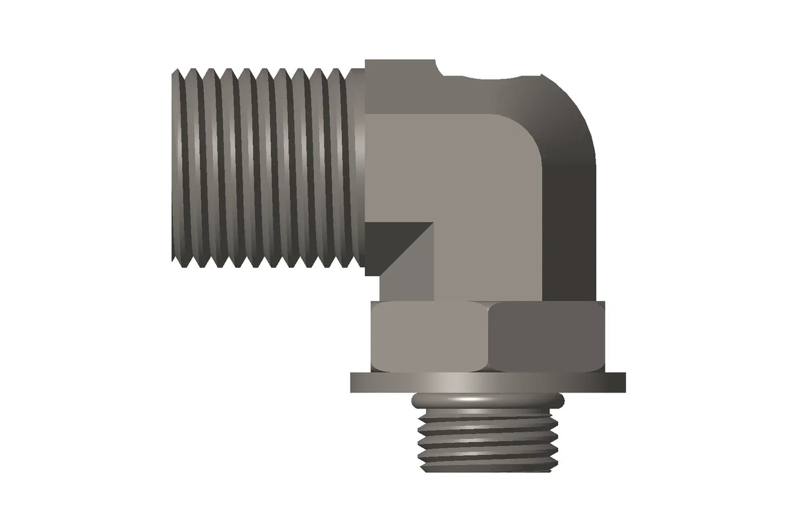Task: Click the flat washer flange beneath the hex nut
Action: (487, 382)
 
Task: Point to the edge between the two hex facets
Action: (489, 337)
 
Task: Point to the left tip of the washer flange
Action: (352, 382)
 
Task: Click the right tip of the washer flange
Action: (623, 382)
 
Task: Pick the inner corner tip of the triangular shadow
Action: (433, 224)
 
